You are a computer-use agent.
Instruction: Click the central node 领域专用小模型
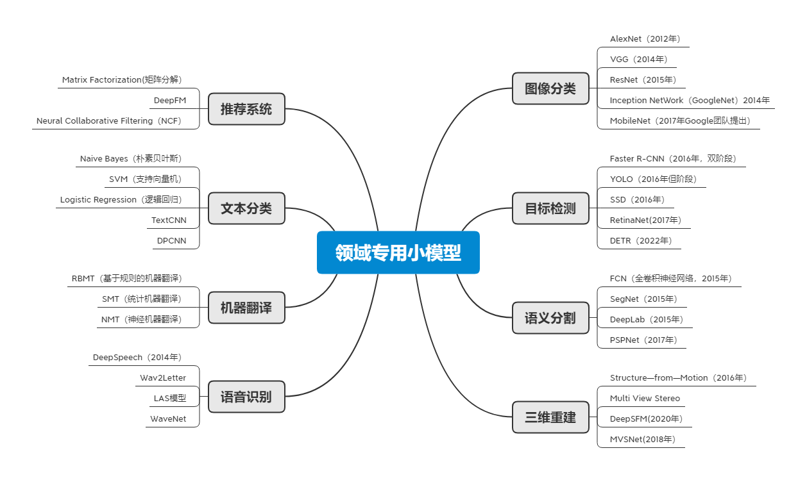point(398,252)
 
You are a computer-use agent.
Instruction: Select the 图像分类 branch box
point(550,88)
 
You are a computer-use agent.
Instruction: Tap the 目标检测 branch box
point(550,208)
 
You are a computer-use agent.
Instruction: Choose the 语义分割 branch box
point(550,318)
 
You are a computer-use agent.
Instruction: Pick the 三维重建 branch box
point(550,417)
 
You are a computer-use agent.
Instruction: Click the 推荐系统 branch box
point(246,109)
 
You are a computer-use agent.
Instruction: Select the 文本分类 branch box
point(246,208)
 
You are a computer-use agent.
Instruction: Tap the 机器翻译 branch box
point(246,308)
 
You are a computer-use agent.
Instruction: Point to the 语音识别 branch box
point(246,397)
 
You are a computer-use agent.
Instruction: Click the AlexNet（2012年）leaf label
point(645,39)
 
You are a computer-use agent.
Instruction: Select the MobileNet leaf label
point(679,120)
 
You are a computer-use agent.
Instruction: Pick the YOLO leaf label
point(653,179)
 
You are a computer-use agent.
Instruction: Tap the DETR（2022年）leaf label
point(641,241)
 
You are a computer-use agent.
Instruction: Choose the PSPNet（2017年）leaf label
point(643,340)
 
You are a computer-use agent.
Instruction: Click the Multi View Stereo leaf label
point(645,399)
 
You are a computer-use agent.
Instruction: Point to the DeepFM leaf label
point(168,101)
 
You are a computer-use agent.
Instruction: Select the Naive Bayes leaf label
point(131,159)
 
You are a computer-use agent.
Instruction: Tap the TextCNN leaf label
point(167,220)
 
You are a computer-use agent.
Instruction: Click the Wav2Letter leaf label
point(163,378)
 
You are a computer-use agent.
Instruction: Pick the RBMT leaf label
point(126,279)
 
